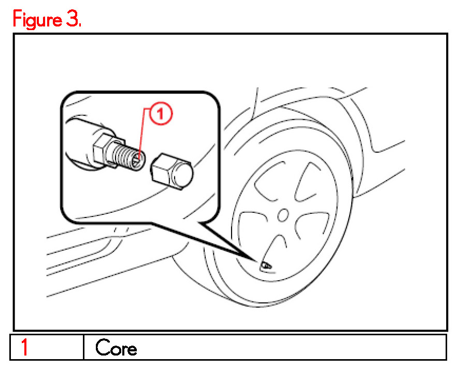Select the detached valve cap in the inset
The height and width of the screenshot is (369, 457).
172,173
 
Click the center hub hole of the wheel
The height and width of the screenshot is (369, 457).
283,214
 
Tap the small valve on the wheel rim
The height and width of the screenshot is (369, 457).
266,265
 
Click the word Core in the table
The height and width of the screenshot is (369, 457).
117,348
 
